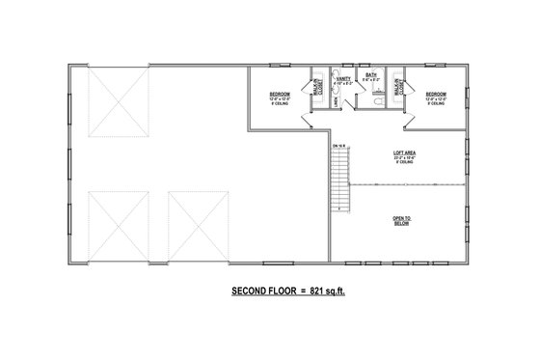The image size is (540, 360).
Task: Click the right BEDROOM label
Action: [434, 95]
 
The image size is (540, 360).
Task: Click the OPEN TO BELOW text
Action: [401, 221]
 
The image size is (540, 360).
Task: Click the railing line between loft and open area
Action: [405, 183]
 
